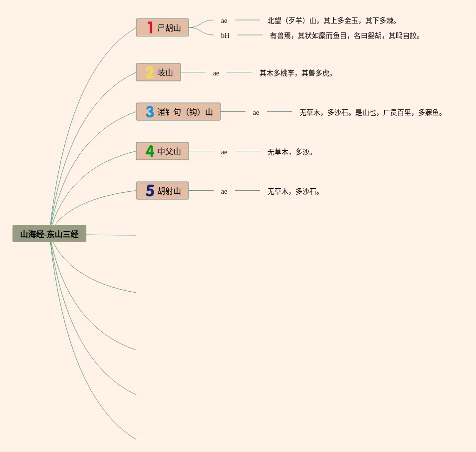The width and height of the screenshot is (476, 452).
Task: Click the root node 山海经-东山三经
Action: click(x=49, y=234)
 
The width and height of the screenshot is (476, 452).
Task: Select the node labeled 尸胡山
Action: click(x=169, y=28)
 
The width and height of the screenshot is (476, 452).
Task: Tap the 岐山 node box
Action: click(x=165, y=72)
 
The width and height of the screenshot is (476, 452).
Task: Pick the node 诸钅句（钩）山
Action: click(x=185, y=112)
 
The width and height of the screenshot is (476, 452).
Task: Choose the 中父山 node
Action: click(x=169, y=151)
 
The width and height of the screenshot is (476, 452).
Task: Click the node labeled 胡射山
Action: click(x=169, y=191)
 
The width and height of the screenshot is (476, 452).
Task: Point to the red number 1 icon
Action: click(x=150, y=27)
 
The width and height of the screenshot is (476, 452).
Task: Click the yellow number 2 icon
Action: click(x=150, y=72)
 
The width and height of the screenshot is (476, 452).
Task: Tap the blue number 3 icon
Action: click(x=150, y=112)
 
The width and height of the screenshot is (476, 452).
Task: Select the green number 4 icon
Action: click(x=150, y=151)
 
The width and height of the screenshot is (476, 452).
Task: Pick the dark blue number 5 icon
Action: click(x=150, y=191)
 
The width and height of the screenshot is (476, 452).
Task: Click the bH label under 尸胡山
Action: click(x=226, y=35)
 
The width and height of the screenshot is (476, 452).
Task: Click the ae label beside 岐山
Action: click(x=216, y=73)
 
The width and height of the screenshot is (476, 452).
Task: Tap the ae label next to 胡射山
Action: click(x=224, y=191)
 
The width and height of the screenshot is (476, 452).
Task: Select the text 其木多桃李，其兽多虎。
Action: click(x=296, y=73)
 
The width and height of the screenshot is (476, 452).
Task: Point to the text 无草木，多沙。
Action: click(x=290, y=152)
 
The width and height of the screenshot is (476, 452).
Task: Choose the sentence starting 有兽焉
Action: click(x=345, y=35)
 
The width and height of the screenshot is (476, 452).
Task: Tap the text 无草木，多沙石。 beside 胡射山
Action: click(x=294, y=191)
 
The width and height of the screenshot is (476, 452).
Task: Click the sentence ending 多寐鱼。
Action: click(x=371, y=112)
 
